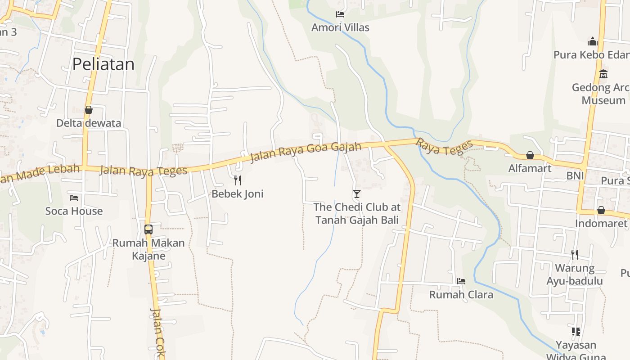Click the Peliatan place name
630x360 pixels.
click(x=103, y=64)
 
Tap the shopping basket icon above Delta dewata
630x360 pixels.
click(x=89, y=110)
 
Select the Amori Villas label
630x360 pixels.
click(x=340, y=27)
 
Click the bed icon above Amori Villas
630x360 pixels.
click(x=340, y=14)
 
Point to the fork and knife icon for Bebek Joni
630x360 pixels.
click(x=238, y=180)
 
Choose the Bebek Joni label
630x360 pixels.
click(x=238, y=194)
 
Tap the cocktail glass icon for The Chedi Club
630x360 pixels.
click(x=357, y=194)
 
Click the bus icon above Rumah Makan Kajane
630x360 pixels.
click(x=148, y=229)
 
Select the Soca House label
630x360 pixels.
click(x=74, y=211)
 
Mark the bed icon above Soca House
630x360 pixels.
click(x=74, y=198)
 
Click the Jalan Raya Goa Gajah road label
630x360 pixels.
click(x=306, y=152)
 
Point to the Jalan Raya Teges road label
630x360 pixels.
click(x=143, y=171)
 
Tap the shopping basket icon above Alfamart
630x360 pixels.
click(x=530, y=155)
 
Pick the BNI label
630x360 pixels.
click(x=575, y=175)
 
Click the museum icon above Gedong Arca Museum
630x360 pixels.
click(x=603, y=74)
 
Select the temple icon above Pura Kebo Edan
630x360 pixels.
click(x=593, y=42)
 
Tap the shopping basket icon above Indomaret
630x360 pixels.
click(x=601, y=210)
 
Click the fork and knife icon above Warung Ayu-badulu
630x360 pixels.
click(x=575, y=255)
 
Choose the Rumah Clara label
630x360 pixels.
click(x=461, y=295)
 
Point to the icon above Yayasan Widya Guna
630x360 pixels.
click(x=576, y=332)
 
